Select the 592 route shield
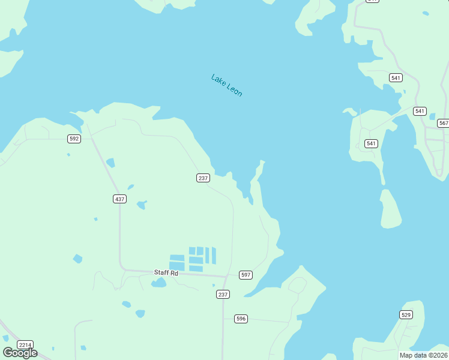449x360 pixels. point(74,139)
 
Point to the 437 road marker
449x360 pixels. point(119,199)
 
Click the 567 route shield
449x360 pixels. point(443,123)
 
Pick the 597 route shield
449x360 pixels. point(245,275)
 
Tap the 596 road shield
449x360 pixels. point(241,319)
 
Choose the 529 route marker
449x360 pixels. point(406,314)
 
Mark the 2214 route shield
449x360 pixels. point(25,344)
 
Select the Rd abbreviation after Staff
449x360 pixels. point(174,273)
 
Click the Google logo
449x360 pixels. point(20,353)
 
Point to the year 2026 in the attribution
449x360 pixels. point(438,355)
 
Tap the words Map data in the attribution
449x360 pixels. point(414,355)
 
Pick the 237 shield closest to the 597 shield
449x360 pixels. point(223,294)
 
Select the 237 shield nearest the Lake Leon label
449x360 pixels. point(203,178)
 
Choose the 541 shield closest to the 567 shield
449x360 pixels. point(420,111)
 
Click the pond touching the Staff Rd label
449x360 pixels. point(158,283)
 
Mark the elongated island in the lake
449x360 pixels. point(390,209)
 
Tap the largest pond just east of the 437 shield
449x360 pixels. point(142,205)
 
